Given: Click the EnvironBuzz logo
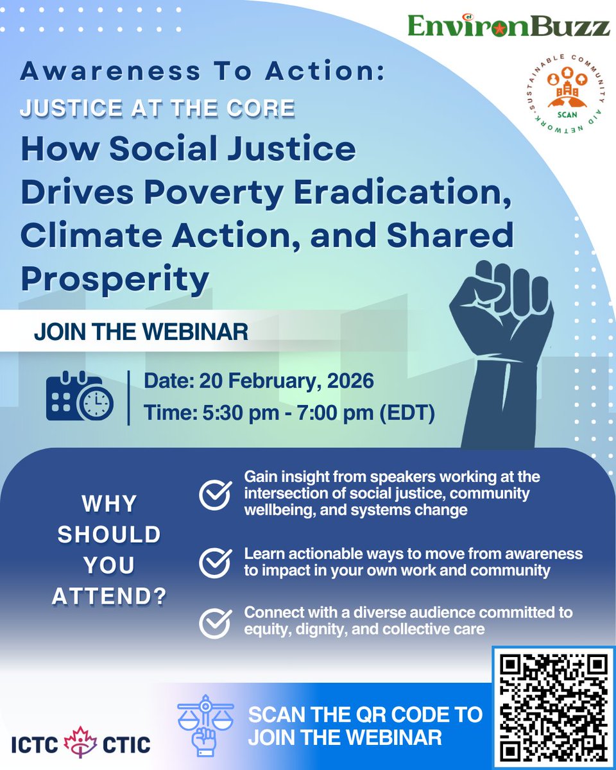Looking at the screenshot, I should pyautogui.click(x=508, y=26).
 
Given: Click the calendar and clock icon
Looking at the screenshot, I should pyautogui.click(x=79, y=397).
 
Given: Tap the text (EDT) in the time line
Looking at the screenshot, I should pyautogui.click(x=406, y=413).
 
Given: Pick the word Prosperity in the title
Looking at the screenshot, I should pyautogui.click(x=116, y=278).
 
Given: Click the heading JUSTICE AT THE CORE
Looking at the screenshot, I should pyautogui.click(x=157, y=108).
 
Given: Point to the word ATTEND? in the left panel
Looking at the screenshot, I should pyautogui.click(x=109, y=597).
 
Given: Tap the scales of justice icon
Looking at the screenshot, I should pyautogui.click(x=203, y=721).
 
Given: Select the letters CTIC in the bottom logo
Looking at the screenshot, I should pyautogui.click(x=126, y=744).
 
